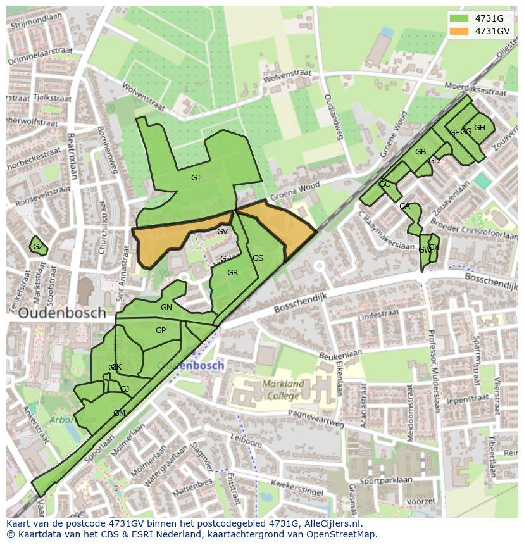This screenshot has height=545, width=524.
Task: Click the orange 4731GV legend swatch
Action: point(459,31)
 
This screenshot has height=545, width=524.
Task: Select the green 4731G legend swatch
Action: point(459,18)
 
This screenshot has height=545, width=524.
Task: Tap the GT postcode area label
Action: point(196,178)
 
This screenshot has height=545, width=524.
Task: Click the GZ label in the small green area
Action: point(38,247)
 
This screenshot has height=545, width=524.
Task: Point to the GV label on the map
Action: point(222,232)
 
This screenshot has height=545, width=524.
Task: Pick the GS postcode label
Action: point(258,258)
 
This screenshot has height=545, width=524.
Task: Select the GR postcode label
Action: point(232,273)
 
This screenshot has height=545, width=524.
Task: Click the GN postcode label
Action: point(166,308)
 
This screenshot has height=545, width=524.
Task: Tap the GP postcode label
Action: point(161,330)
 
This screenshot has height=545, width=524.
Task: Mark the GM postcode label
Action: point(119,413)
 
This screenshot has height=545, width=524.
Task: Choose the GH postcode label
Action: point(480,128)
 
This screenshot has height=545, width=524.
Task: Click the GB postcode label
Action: point(420,152)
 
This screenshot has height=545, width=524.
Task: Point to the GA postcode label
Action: point(405,207)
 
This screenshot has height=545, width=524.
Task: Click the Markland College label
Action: point(283,390)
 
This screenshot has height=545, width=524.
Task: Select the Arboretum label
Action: point(74,420)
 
